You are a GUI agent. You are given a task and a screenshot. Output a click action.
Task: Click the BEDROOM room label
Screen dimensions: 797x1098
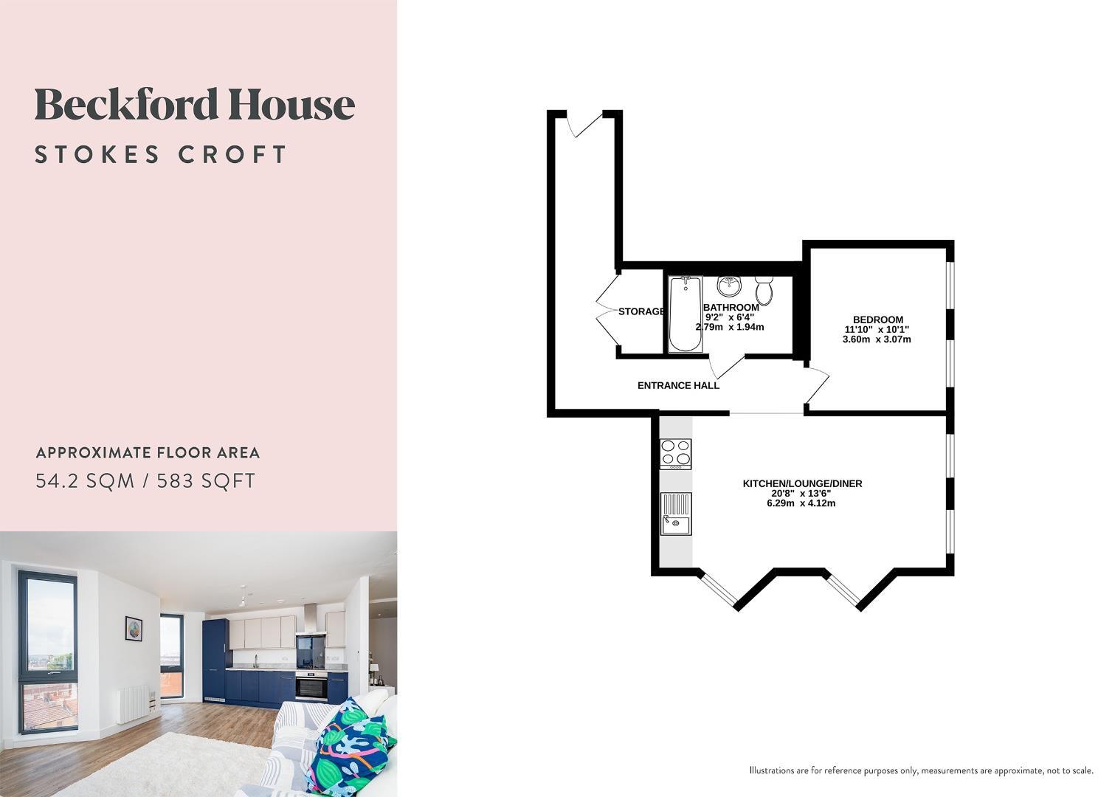(877, 320)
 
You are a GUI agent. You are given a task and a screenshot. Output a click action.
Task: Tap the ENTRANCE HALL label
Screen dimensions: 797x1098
(678, 385)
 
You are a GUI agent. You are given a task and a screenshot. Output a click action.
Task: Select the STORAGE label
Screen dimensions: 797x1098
(640, 311)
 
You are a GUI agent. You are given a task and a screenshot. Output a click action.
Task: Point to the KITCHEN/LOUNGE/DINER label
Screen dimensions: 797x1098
(802, 483)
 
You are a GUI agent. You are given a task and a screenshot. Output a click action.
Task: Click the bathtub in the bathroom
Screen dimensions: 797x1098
(685, 314)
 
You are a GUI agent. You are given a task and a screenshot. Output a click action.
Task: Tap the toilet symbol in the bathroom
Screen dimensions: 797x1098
(764, 289)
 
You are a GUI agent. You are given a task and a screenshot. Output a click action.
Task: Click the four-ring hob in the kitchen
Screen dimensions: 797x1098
(675, 453)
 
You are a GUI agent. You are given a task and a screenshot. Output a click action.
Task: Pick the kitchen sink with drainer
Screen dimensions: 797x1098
(675, 514)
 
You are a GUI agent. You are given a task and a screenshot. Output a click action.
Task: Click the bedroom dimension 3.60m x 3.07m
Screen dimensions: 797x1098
(877, 339)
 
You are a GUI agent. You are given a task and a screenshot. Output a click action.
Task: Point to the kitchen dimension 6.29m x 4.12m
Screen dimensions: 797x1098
(801, 503)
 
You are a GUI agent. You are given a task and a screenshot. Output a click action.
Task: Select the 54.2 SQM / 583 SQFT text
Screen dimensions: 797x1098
(145, 481)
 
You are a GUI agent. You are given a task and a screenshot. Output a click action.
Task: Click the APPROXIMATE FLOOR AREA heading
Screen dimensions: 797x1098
(148, 453)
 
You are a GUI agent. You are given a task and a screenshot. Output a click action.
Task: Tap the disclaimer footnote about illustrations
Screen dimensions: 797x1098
(921, 770)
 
